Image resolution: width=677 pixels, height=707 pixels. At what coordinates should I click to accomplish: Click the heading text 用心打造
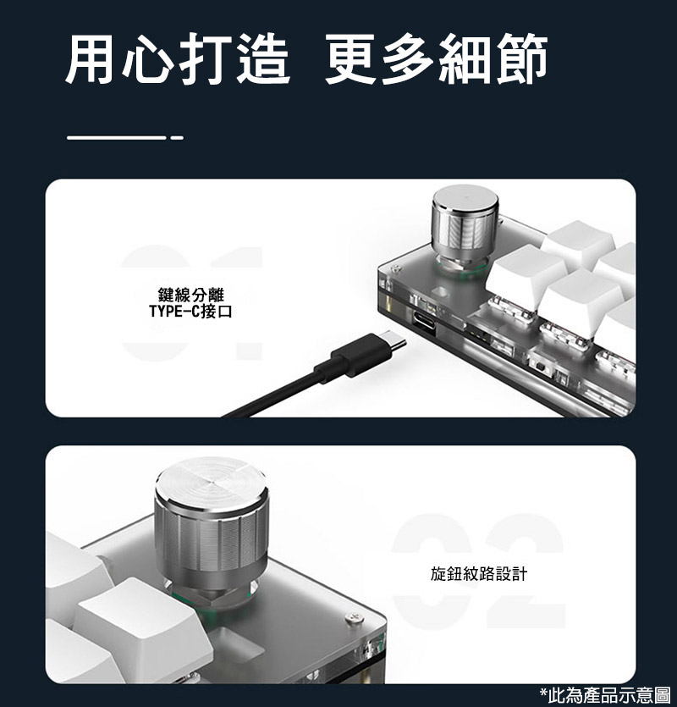[x=177, y=58]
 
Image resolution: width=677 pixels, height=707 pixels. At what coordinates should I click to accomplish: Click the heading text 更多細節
[x=437, y=58]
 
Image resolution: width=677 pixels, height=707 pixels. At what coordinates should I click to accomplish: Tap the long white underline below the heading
[x=117, y=137]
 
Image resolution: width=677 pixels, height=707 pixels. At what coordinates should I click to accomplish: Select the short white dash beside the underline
[x=177, y=137]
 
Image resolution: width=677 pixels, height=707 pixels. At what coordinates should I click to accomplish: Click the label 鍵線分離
[x=190, y=295]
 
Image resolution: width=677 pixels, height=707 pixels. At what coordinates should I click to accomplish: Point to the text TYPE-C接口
[x=190, y=311]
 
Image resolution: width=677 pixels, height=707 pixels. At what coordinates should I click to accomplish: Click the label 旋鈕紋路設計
[x=479, y=574]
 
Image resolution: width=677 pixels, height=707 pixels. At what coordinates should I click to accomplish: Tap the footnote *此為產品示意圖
[x=605, y=695]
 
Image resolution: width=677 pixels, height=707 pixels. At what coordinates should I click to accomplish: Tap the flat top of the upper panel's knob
[x=465, y=198]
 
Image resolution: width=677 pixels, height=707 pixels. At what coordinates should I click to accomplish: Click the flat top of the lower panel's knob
[x=211, y=480]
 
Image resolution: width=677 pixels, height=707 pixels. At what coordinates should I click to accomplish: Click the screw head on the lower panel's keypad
[x=355, y=617]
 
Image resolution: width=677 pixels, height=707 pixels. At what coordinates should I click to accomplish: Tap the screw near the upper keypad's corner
[x=396, y=269]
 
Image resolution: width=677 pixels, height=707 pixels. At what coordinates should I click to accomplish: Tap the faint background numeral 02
[x=479, y=571]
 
